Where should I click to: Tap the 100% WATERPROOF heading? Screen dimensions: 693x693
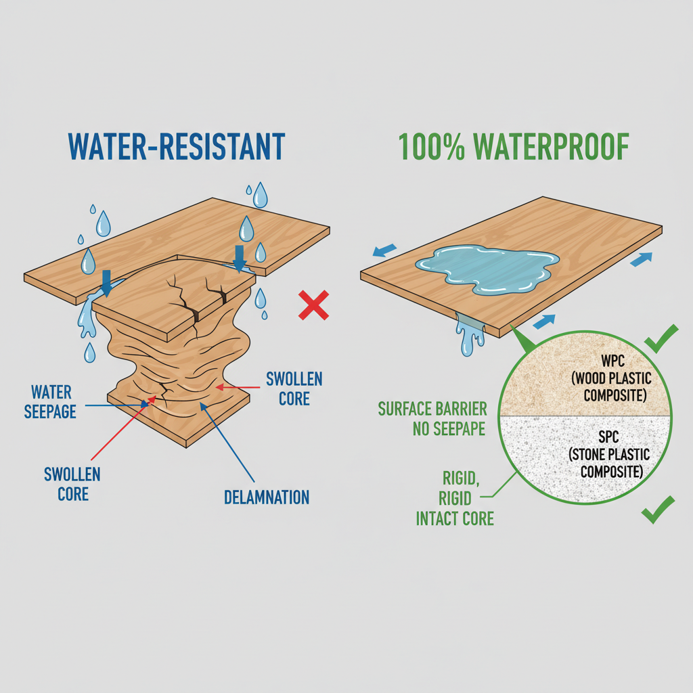(x=514, y=147)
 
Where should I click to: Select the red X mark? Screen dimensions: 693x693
(x=313, y=305)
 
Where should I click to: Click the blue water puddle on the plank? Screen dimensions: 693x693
(x=487, y=270)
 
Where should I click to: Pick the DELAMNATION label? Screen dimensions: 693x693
(x=266, y=497)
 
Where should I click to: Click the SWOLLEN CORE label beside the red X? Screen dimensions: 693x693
(x=294, y=387)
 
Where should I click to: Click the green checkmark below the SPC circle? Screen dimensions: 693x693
(x=657, y=510)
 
